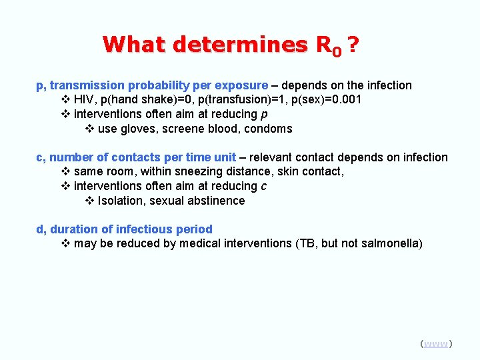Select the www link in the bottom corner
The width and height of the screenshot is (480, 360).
[x=436, y=343]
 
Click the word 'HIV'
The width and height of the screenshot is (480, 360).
[x=84, y=99]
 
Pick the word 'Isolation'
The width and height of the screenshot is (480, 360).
[x=122, y=201]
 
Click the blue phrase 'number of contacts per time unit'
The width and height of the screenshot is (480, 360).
[x=143, y=157]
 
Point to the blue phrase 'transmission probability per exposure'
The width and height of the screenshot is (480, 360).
[x=159, y=85]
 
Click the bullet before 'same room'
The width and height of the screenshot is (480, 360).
[x=65, y=171]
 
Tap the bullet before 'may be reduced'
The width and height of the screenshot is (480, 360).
[x=65, y=243]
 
